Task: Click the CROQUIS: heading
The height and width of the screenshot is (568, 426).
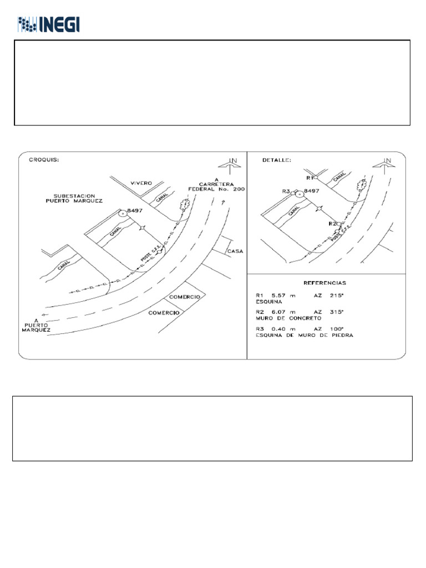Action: point(44,160)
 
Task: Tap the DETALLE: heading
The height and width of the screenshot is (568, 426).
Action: point(275,160)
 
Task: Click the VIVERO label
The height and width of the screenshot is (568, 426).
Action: point(141,182)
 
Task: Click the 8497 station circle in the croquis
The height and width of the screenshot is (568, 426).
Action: point(122,212)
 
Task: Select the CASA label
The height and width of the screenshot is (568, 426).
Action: point(235,251)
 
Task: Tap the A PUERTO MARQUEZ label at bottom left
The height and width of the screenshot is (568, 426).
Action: point(36,325)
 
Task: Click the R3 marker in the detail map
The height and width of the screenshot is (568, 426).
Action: point(288,191)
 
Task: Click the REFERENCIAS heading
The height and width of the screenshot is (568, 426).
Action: point(326,282)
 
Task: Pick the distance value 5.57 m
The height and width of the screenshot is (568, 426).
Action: point(277,296)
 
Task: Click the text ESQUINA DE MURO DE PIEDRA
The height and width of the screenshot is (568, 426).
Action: point(303,336)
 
